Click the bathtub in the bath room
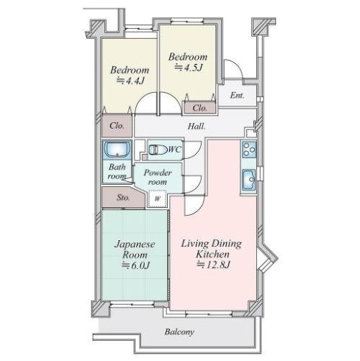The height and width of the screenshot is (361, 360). point(117,150)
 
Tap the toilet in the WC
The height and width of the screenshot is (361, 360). point(158,150)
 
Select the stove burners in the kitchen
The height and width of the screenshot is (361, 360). point(249,150)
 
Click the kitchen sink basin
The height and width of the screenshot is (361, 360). point(249,179)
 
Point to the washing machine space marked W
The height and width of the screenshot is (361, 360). point(157,198)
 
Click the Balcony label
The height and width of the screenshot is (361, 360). point(179,332)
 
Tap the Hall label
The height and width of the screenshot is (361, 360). point(197,127)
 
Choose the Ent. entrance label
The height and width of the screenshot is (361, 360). point(237,96)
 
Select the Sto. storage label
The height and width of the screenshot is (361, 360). point(123,198)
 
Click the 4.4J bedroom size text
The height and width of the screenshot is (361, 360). point(130,81)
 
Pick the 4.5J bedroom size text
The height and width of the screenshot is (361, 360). point(189,68)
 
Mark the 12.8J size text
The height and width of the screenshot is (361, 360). point(213,265)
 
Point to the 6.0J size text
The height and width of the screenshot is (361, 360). point(136,265)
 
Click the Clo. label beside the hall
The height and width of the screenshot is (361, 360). point(117,126)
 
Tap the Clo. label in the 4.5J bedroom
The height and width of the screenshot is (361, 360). point(199,108)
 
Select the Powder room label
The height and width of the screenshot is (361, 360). point(158,177)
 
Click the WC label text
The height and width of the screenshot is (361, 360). point(174,150)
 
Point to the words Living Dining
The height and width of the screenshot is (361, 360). point(211,244)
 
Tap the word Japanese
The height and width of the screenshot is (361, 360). point(135,245)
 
